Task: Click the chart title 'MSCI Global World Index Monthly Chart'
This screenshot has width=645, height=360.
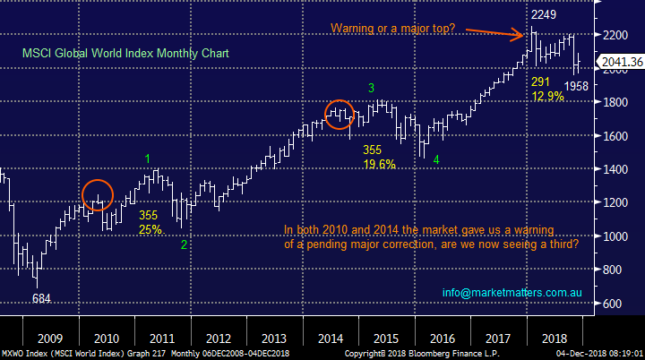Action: coord(126,54)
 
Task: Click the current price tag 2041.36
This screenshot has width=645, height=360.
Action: coord(623,62)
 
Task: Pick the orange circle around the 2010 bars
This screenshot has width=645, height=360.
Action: coord(99,195)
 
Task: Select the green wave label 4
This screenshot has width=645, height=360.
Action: coord(436,159)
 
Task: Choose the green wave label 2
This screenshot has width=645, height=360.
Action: coord(185,244)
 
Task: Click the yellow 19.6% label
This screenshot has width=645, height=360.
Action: coord(380,164)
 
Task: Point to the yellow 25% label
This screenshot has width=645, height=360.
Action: coord(149,230)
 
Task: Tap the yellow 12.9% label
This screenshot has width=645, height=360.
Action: coord(548,96)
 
